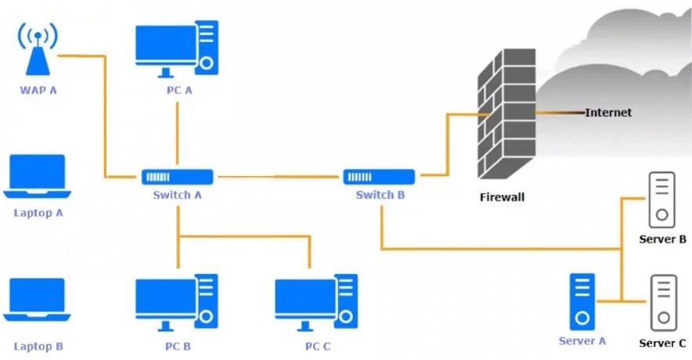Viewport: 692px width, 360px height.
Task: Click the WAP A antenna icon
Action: (38, 50)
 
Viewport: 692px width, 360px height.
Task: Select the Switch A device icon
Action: (178, 177)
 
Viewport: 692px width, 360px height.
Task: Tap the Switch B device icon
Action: (379, 177)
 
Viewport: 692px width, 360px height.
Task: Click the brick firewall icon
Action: (506, 113)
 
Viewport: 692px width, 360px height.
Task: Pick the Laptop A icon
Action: (37, 176)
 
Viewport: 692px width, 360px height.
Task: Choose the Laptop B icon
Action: (37, 300)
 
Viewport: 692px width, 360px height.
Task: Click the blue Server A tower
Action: (582, 302)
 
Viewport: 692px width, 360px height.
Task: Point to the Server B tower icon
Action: (661, 200)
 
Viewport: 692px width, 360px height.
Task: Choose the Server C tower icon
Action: (663, 303)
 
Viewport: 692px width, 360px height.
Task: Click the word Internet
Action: (608, 113)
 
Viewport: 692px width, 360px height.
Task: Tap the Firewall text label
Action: (503, 197)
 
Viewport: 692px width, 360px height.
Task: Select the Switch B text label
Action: (380, 195)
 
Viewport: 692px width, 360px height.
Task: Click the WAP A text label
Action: (38, 91)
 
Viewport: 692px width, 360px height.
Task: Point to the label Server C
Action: (662, 344)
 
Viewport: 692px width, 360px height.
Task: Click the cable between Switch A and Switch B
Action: (279, 177)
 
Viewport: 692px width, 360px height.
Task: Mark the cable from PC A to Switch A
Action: (178, 133)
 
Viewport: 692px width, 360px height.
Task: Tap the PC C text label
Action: (318, 347)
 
